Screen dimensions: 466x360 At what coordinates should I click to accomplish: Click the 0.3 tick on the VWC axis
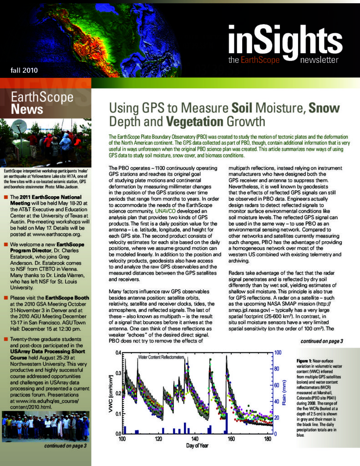117,373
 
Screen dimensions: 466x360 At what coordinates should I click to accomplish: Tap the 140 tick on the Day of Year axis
195,439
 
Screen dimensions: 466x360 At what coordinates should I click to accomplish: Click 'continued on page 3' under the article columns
322,341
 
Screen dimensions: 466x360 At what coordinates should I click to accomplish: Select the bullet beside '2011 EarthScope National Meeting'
5,197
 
